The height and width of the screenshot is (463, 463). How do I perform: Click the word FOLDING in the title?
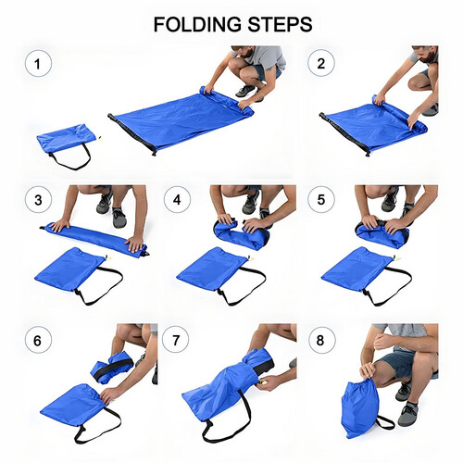(x=197, y=25)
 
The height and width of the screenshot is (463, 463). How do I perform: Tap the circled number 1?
(x=38, y=64)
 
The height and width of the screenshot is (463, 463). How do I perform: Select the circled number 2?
(x=321, y=63)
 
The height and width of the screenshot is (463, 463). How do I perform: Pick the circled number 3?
(x=38, y=200)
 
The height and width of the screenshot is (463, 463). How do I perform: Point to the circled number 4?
(x=177, y=199)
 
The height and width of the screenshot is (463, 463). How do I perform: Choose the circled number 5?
(x=321, y=199)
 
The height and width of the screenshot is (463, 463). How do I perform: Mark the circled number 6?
(x=38, y=340)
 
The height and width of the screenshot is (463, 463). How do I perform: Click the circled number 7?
(x=176, y=340)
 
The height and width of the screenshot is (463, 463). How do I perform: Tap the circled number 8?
(x=321, y=340)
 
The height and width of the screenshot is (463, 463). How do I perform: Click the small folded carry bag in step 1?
(x=68, y=139)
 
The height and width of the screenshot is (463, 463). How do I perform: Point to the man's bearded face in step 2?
(x=428, y=55)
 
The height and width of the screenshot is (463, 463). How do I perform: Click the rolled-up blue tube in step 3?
(x=95, y=238)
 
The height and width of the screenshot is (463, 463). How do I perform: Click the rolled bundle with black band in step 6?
(x=113, y=368)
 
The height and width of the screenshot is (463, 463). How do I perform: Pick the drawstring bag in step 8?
(x=360, y=407)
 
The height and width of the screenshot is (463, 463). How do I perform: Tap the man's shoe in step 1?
(x=245, y=91)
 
